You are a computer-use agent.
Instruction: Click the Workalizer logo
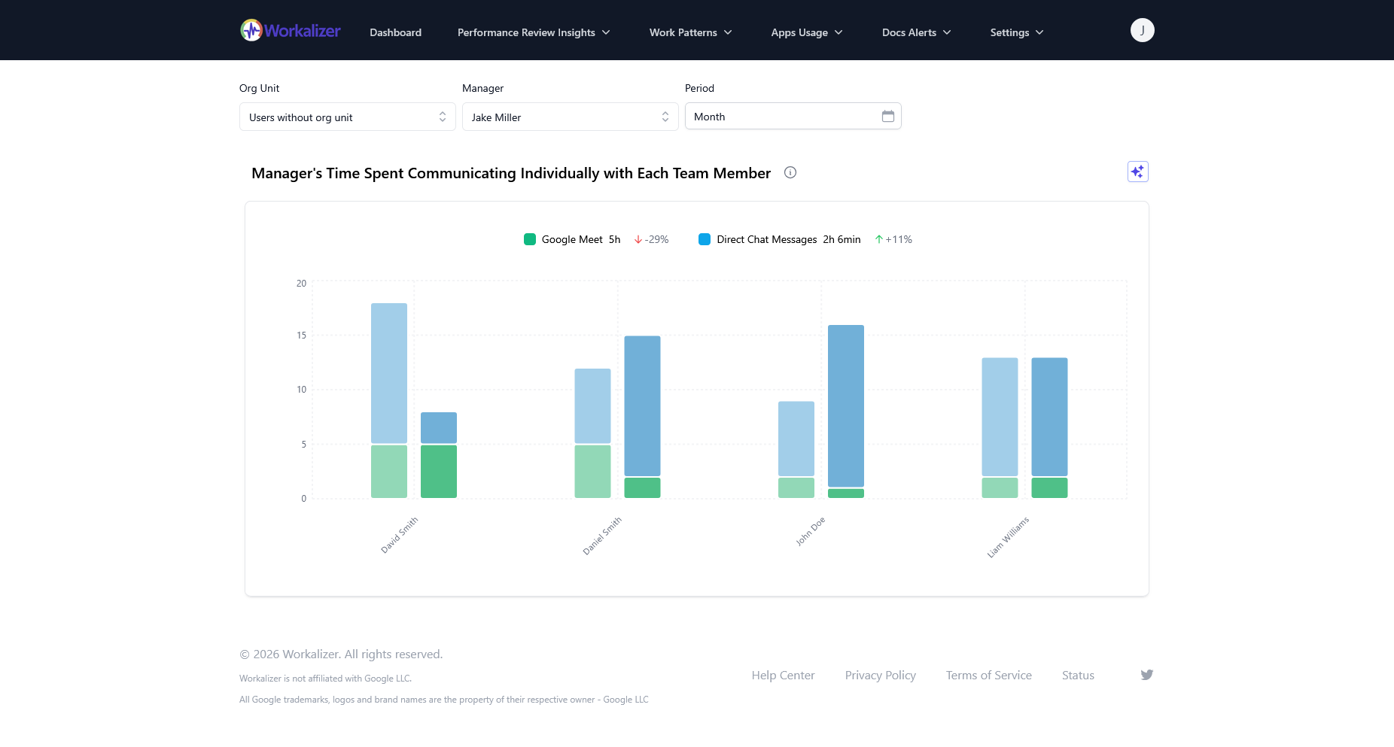(291, 31)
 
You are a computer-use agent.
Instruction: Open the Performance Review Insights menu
(534, 32)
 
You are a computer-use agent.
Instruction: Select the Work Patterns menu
(690, 32)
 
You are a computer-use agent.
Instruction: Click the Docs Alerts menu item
(916, 32)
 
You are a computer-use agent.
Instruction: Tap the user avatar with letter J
(1142, 30)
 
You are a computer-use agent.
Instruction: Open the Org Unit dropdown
(347, 117)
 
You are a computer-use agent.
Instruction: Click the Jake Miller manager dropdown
(570, 117)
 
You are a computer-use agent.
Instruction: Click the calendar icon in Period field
(888, 117)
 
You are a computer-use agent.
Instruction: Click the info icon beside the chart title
(790, 172)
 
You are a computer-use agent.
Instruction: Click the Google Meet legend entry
(571, 239)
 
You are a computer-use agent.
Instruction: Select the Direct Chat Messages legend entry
(765, 239)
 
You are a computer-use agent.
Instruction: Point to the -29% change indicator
(652, 239)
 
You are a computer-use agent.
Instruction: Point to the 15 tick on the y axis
(301, 336)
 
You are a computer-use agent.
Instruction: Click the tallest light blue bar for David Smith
(389, 372)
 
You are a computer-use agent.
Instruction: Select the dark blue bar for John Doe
(846, 406)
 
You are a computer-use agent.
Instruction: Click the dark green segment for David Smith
(439, 471)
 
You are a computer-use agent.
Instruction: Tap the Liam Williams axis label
(1008, 537)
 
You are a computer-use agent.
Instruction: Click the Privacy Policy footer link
(880, 676)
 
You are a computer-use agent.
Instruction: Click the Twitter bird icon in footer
(1146, 675)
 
